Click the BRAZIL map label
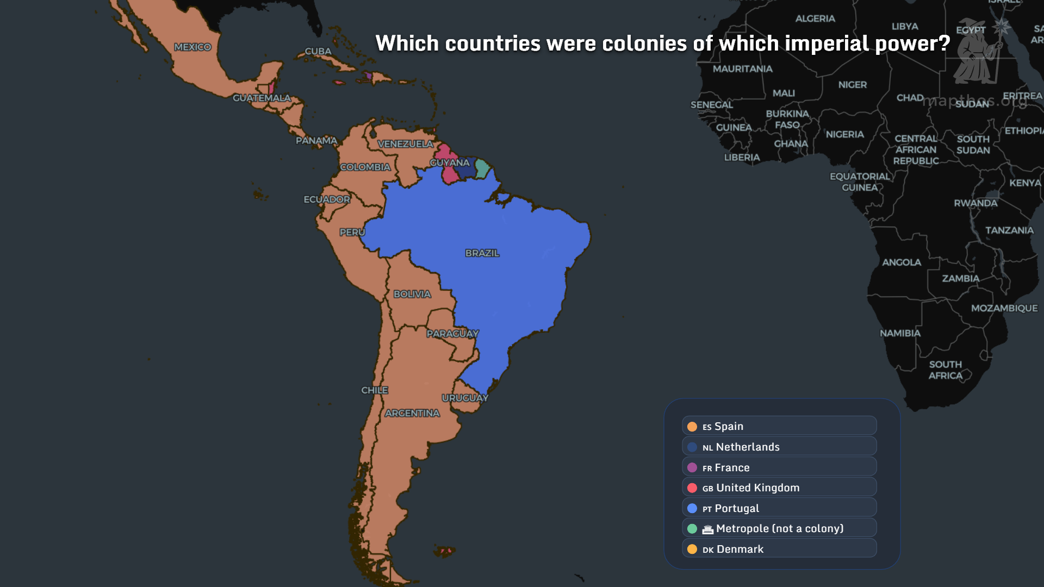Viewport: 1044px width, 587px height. click(482, 253)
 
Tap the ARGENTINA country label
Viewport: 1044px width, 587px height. click(412, 414)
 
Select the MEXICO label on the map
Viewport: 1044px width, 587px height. click(192, 47)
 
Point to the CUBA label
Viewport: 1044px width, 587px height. click(318, 51)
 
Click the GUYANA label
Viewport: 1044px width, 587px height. click(449, 163)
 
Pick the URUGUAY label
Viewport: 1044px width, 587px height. click(465, 398)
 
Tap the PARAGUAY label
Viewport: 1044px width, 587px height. click(452, 334)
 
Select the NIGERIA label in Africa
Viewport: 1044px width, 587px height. click(844, 134)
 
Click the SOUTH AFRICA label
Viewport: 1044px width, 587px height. click(945, 370)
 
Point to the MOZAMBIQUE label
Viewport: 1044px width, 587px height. click(1004, 308)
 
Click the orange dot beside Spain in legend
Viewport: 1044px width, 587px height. click(692, 427)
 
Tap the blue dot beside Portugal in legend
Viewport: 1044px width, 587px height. click(692, 508)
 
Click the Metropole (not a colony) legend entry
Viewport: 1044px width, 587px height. click(779, 528)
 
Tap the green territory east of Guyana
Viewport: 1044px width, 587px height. click(482, 168)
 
